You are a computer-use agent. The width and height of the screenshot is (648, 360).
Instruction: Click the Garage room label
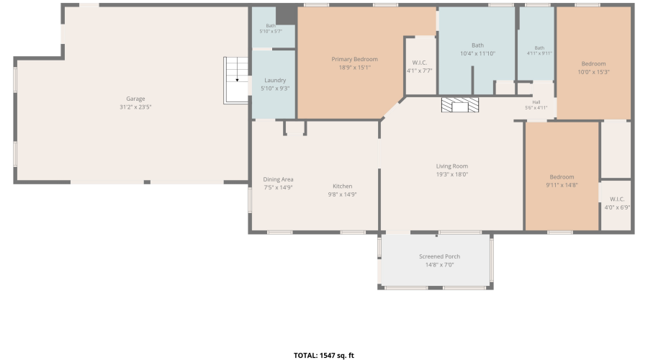[x=135, y=99]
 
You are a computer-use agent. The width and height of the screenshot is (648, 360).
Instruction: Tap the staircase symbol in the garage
[x=235, y=80]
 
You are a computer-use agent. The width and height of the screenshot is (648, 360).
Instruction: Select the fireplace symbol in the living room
[x=460, y=105]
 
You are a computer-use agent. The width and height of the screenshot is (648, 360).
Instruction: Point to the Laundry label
[x=275, y=80]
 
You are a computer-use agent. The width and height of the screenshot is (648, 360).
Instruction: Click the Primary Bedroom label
[x=354, y=59]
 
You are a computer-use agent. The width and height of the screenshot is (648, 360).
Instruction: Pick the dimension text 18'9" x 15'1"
[x=354, y=68]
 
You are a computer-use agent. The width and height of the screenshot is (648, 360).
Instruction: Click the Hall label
[x=536, y=102]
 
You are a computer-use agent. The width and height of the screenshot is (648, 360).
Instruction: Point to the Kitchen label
[x=343, y=186]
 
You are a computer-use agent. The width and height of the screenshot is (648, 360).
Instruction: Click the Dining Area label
[x=278, y=179]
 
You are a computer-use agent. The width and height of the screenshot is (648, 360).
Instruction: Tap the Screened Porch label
[x=440, y=256]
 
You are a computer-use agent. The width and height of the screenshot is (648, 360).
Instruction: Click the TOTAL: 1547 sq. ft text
[x=324, y=356]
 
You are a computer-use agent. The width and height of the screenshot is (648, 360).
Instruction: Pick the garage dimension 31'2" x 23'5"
[x=135, y=107]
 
